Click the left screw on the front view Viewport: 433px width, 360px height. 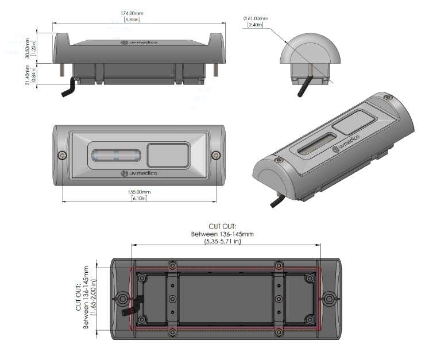click(x=61, y=154)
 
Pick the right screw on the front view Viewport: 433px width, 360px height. click(x=215, y=154)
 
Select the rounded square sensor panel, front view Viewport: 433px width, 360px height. click(x=168, y=155)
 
